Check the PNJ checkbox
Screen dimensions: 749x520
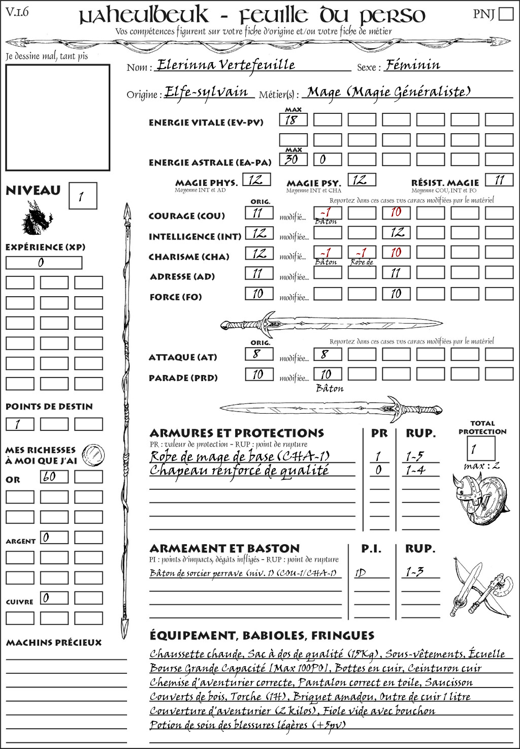click(506, 13)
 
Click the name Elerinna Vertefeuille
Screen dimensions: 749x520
click(226, 65)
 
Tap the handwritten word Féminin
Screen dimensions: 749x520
click(412, 65)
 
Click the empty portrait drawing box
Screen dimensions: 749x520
click(57, 117)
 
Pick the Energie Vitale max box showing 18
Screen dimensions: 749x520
click(293, 120)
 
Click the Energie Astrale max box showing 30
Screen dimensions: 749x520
click(293, 160)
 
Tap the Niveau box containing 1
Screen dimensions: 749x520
click(82, 196)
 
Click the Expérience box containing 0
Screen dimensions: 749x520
click(44, 263)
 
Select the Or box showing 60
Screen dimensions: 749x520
click(54, 477)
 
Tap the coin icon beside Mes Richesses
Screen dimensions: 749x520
click(93, 454)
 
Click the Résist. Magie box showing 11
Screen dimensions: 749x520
click(499, 180)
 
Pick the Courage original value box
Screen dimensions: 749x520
click(259, 213)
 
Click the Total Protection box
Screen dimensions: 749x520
click(480, 449)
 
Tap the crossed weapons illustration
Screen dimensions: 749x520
click(480, 587)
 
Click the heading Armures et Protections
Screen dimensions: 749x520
click(237, 433)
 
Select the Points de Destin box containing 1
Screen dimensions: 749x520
click(20, 424)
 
